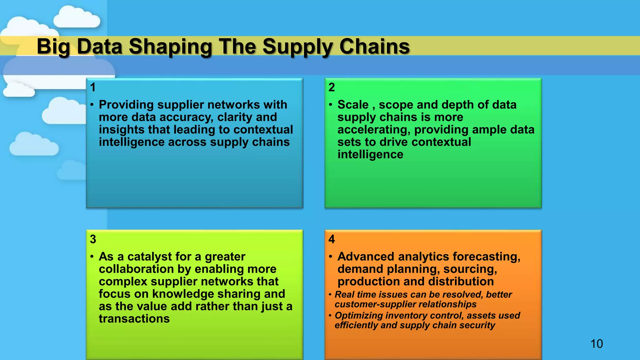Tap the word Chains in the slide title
coord(374,47)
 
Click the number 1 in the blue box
coord(93,87)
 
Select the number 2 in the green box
coord(332,87)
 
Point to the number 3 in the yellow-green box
coord(93,239)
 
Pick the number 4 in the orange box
coord(332,239)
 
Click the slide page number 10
coord(597,344)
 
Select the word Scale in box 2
coord(353,105)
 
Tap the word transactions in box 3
coord(134,319)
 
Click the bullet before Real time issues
coord(330,295)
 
